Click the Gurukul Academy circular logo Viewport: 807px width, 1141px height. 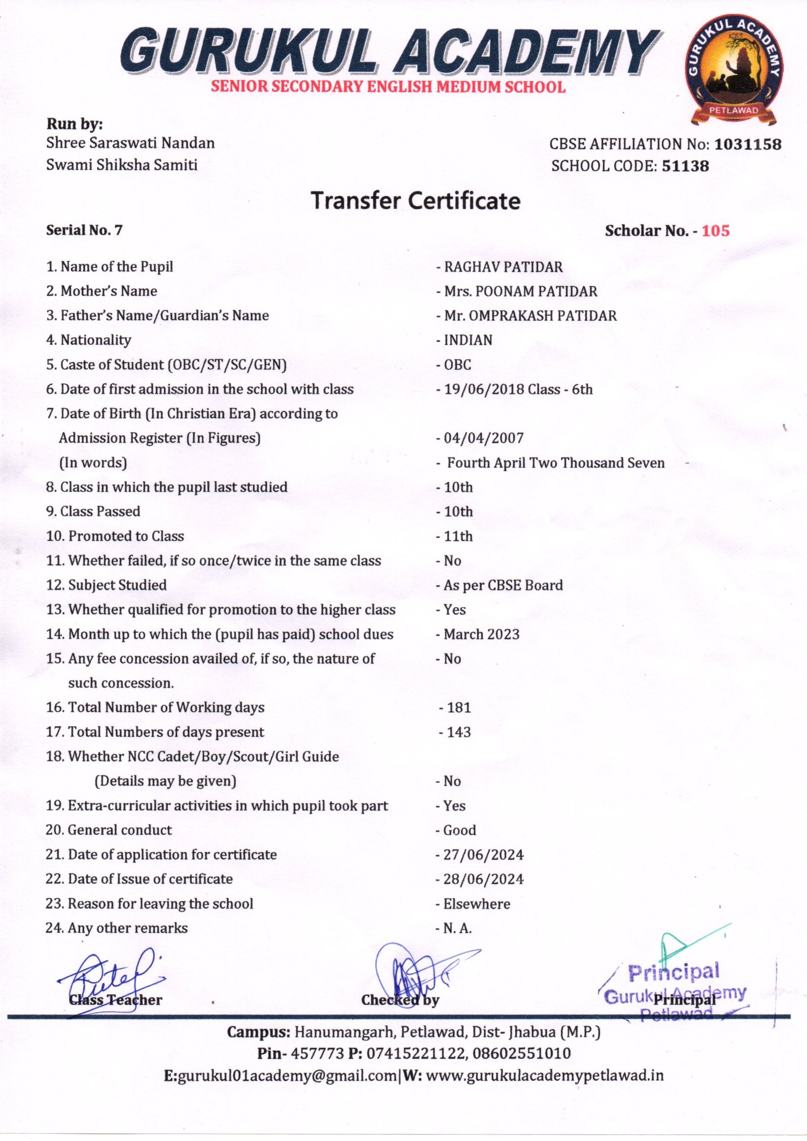pyautogui.click(x=734, y=70)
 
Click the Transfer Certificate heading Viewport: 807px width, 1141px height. pyautogui.click(x=415, y=200)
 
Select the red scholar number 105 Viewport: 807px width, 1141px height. pyautogui.click(x=716, y=231)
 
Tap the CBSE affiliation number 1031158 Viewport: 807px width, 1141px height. pyautogui.click(x=748, y=144)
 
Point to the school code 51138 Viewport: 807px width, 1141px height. pyautogui.click(x=685, y=166)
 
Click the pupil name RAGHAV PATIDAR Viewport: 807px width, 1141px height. pyautogui.click(x=503, y=267)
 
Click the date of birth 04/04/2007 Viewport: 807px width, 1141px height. pyautogui.click(x=483, y=438)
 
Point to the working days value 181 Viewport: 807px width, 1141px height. pyautogui.click(x=458, y=707)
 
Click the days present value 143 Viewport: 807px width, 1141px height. pyautogui.click(x=458, y=732)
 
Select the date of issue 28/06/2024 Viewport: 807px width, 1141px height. pyautogui.click(x=483, y=879)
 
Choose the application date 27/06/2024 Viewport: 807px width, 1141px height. pyautogui.click(x=483, y=854)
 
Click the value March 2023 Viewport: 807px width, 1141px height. pyautogui.click(x=481, y=634)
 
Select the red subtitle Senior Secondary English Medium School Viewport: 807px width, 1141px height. pyautogui.click(x=388, y=86)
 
